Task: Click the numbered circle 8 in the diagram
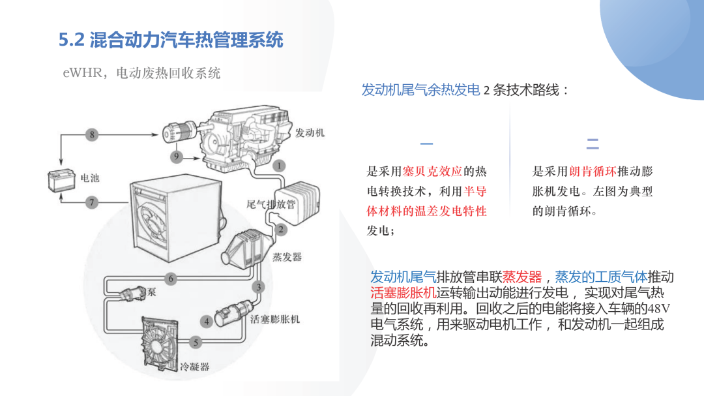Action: tap(92, 134)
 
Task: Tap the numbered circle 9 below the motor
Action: tap(177, 157)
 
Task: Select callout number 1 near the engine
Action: tap(279, 166)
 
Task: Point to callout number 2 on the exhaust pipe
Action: tap(281, 230)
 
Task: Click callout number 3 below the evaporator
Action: tap(258, 287)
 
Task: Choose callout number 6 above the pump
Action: tap(171, 279)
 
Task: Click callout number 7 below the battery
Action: tap(92, 203)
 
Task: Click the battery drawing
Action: tap(61, 180)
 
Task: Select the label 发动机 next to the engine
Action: tap(310, 133)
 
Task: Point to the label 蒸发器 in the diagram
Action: tap(287, 257)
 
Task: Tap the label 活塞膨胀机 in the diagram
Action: tap(275, 320)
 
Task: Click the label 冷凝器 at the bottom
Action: tap(195, 367)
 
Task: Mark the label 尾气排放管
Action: tap(271, 204)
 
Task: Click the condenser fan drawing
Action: tap(160, 344)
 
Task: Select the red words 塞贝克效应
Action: tap(432, 172)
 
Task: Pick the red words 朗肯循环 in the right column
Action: tap(593, 172)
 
